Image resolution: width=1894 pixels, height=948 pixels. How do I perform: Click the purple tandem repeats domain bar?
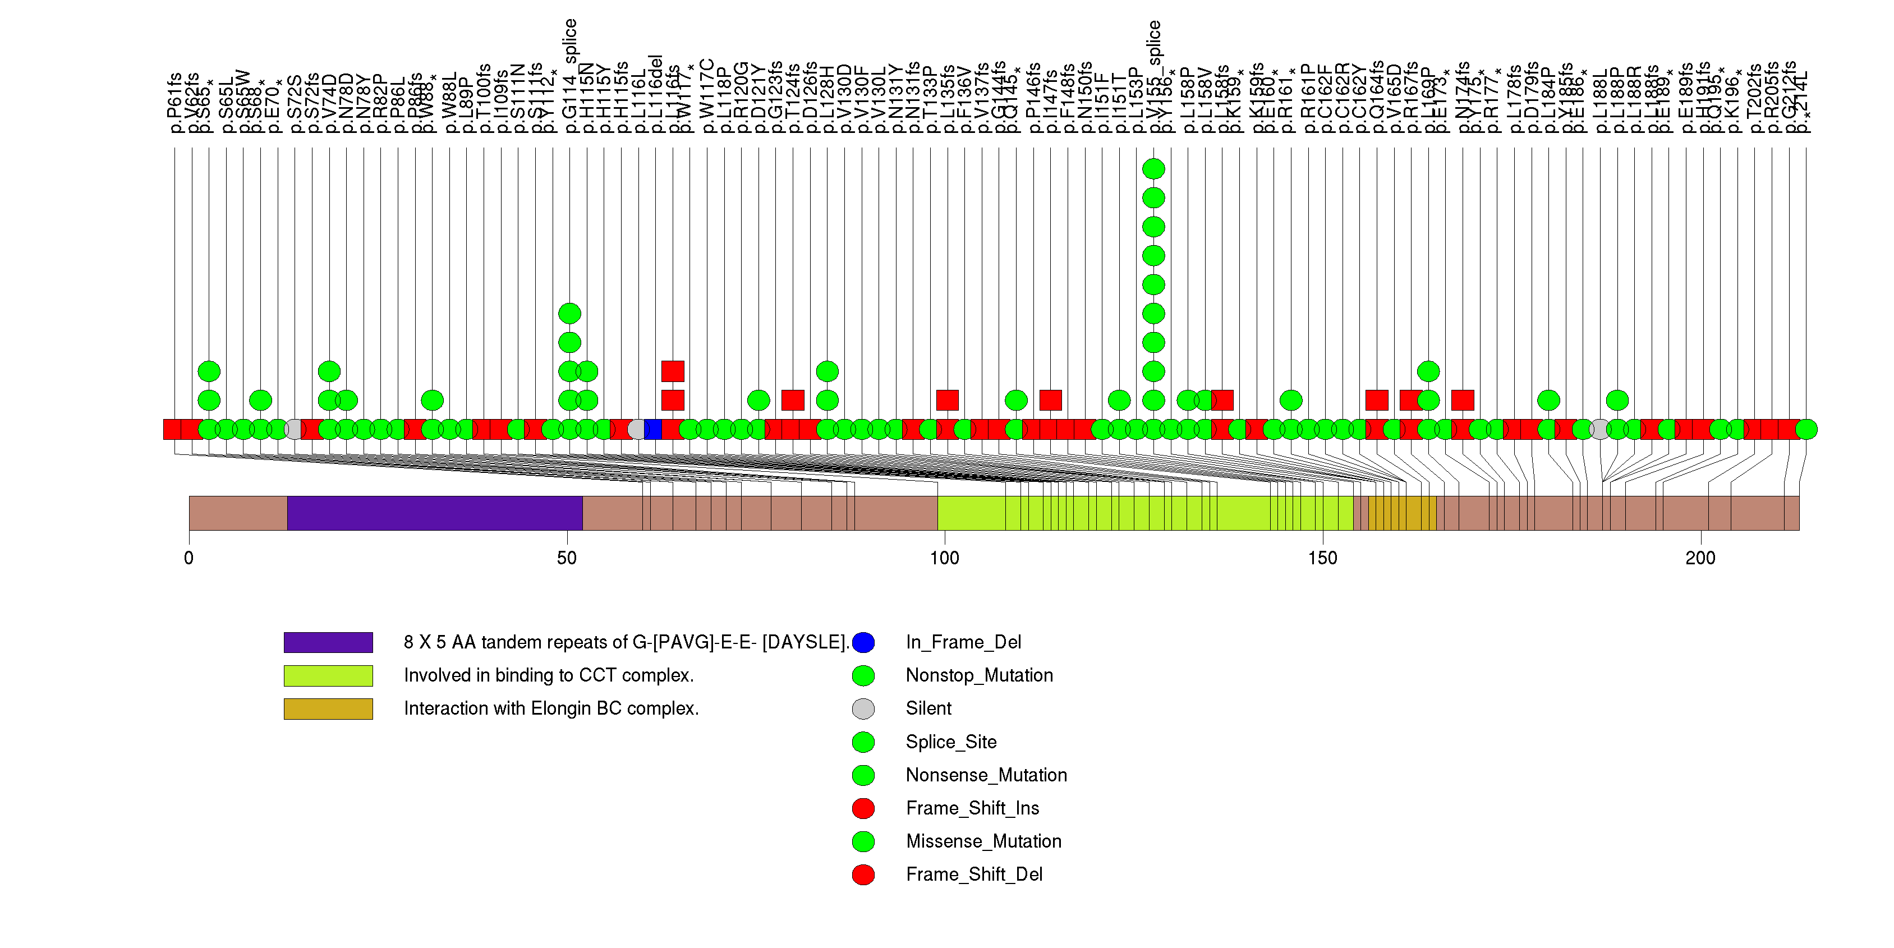435,513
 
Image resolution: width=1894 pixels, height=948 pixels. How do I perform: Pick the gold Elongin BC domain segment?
1401,513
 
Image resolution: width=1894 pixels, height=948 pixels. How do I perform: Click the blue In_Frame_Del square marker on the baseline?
653,429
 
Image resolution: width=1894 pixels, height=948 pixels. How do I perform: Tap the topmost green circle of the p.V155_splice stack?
1153,169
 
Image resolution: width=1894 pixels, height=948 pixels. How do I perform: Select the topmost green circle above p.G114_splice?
570,314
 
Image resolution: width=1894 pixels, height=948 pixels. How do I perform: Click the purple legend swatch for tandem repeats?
328,642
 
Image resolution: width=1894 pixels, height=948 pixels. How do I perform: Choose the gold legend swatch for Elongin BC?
328,709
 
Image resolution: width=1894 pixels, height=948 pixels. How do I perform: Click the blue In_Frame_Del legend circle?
863,642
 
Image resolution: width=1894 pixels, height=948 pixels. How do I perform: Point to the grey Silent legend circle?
863,709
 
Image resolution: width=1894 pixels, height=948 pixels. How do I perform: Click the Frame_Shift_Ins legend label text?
972,808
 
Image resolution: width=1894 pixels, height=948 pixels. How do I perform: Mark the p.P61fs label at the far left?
174,103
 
